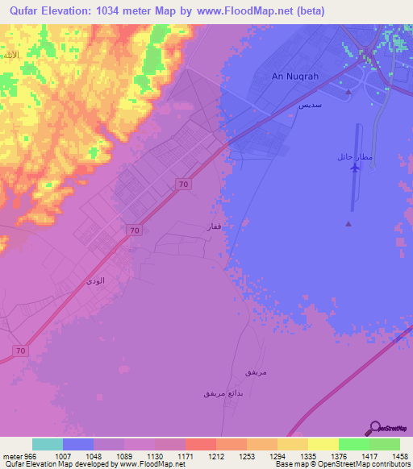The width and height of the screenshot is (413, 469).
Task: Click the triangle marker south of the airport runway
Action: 348,224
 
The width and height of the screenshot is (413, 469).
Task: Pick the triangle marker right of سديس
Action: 348,92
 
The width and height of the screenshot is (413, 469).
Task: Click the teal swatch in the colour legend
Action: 48,444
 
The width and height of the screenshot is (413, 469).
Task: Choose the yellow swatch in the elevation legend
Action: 323,444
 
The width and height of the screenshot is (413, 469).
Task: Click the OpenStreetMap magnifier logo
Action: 373,427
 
